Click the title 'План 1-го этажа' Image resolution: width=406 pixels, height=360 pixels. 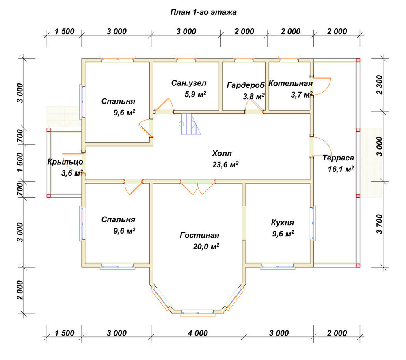click(203, 12)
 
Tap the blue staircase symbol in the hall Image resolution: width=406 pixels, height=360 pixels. click(190, 124)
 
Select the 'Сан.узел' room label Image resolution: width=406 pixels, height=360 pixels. click(189, 83)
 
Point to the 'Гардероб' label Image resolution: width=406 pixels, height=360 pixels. click(246, 85)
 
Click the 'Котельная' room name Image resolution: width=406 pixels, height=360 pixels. click(291, 83)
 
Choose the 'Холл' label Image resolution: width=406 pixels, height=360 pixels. click(222, 153)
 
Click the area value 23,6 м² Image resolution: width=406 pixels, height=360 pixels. click(225, 165)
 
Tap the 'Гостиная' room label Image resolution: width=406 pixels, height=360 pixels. click(199, 235)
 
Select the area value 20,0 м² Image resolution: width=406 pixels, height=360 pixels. click(206, 246)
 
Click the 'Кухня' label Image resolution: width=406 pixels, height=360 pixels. click(283, 223)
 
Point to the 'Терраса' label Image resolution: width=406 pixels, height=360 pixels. click(338, 158)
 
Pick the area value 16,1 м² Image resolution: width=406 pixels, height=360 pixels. click(341, 169)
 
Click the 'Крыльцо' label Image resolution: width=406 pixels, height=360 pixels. click(65, 162)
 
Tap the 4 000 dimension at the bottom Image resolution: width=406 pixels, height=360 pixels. click(198, 333)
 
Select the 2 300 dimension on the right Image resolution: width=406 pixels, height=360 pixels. click(379, 85)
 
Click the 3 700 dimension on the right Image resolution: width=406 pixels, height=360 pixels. click(379, 224)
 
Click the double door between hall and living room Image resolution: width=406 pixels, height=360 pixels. click(198, 187)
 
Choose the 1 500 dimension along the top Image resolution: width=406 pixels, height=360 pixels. click(65, 32)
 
